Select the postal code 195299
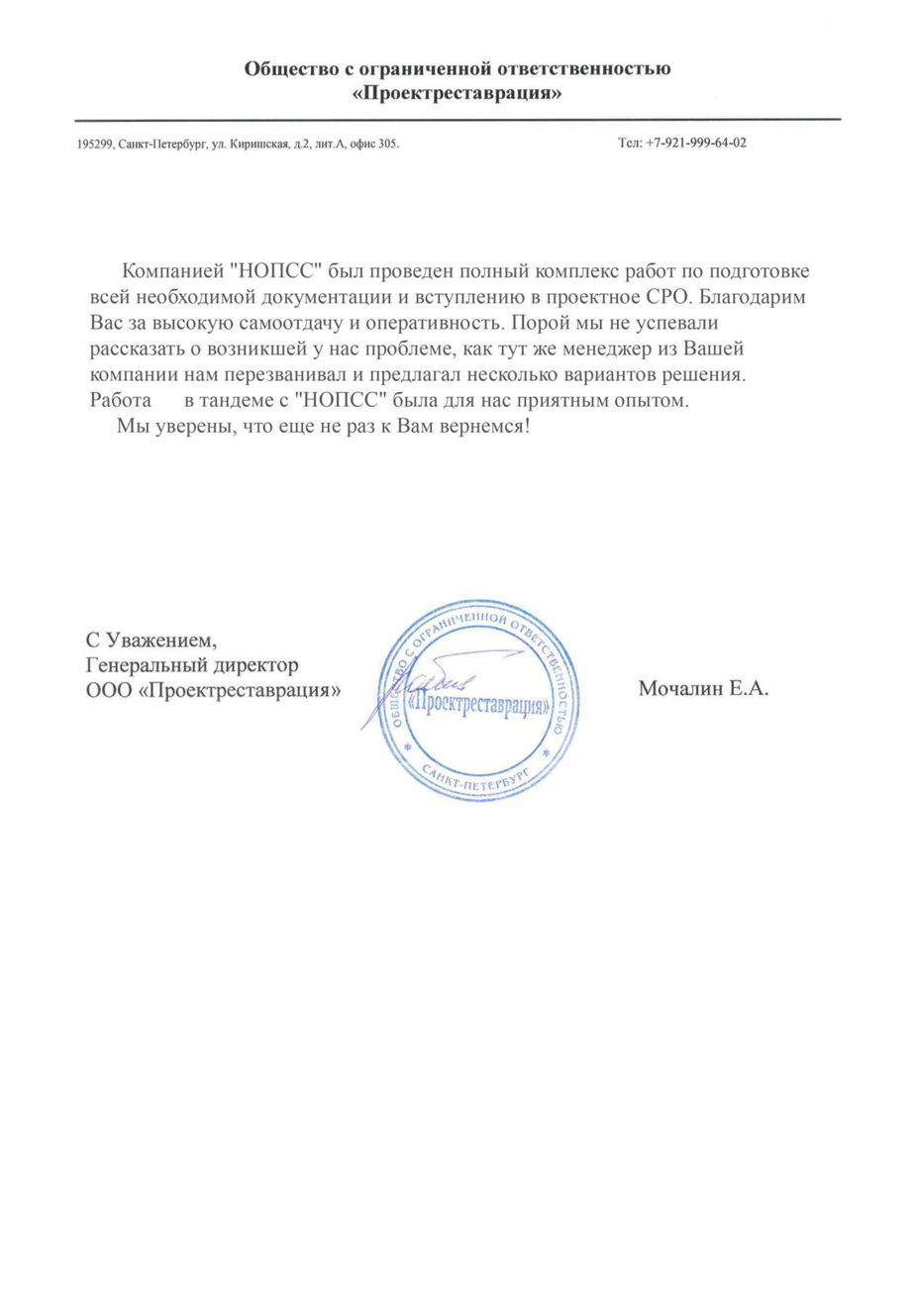[94, 145]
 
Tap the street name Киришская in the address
[258, 145]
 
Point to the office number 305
[388, 145]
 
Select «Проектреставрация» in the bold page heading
[457, 95]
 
